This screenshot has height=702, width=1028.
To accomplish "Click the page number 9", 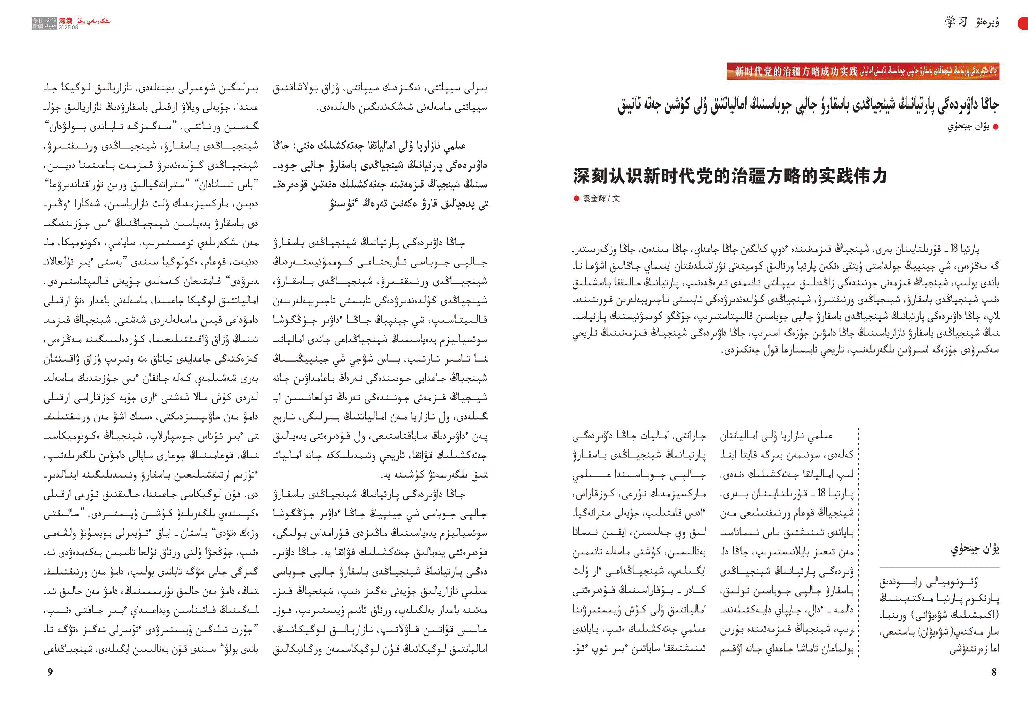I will [50, 672].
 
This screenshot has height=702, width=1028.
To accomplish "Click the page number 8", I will [994, 672].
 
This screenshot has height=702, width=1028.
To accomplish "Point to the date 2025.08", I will [68, 27].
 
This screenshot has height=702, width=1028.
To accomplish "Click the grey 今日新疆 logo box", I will [38, 24].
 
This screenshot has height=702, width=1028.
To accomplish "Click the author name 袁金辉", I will [594, 198].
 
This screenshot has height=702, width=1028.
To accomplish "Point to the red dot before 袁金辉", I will [576, 198].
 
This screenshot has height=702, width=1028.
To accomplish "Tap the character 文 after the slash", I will [616, 198].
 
